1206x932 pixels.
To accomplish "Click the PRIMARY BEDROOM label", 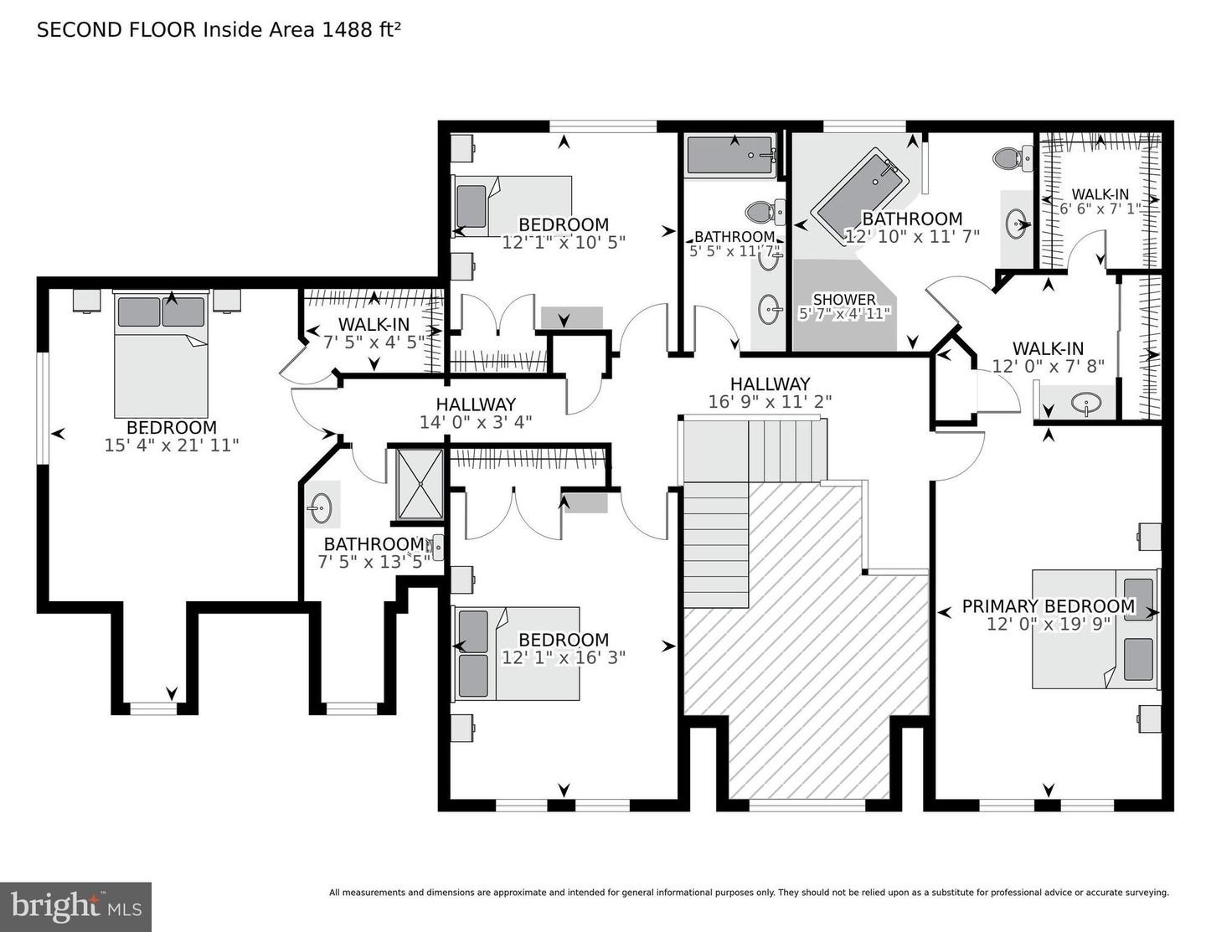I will coord(1048,605).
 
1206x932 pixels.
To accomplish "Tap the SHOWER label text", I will coord(844,299).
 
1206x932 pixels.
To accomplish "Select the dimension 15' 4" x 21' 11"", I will coord(172,445).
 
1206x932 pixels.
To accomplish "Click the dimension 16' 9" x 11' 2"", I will coord(770,402).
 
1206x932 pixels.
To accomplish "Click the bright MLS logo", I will coord(75,907).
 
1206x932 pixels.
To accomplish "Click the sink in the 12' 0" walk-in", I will coord(1085,404).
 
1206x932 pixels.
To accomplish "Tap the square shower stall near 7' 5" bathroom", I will coord(420,484).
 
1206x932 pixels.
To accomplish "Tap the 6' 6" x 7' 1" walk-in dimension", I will coord(1100,209).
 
